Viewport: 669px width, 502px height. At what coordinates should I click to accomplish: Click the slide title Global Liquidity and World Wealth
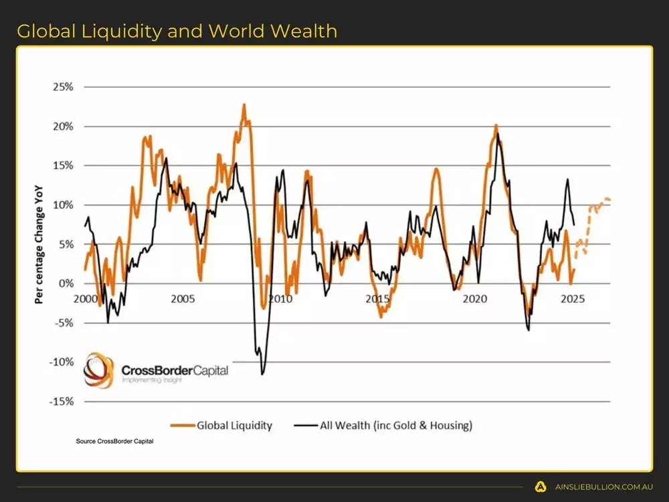point(177,31)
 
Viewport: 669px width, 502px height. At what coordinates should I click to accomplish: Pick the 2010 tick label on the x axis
point(280,299)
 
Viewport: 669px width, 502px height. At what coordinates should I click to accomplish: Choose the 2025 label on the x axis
point(573,299)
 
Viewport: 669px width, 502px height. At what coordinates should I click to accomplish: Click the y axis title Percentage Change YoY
point(39,244)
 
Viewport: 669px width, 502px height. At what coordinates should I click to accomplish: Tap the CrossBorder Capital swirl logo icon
point(98,370)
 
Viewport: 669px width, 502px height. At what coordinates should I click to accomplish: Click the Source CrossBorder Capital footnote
point(115,440)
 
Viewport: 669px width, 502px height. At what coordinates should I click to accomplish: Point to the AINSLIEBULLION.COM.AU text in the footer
point(604,487)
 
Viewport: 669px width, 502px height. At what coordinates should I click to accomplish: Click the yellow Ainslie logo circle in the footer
point(541,487)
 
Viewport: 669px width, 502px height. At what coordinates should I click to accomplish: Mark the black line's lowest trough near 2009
point(262,373)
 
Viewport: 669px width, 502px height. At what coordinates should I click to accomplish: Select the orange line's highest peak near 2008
point(244,104)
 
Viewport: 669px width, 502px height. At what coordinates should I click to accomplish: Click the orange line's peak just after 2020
point(496,125)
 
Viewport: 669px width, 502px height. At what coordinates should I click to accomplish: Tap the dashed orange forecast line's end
point(609,200)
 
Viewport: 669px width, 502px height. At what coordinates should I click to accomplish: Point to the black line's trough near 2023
point(529,329)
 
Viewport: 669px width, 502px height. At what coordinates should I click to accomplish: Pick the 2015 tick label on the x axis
point(377,299)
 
